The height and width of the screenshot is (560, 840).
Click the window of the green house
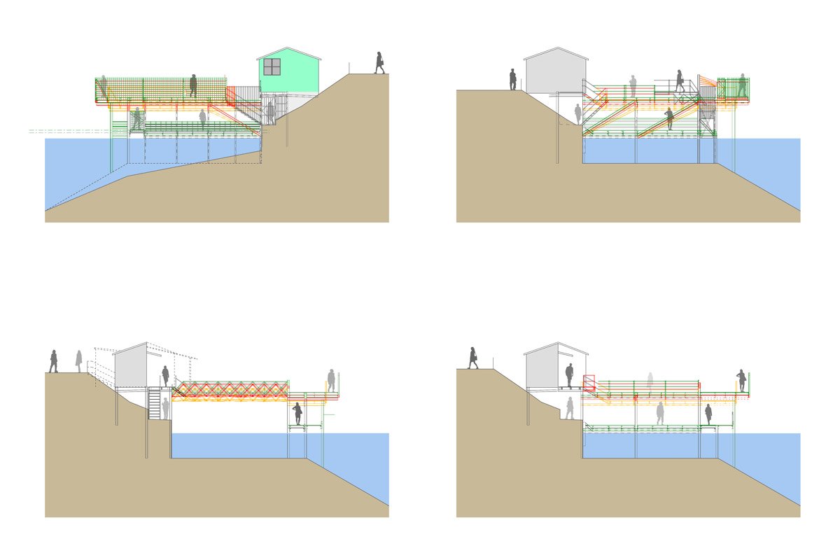[272, 66]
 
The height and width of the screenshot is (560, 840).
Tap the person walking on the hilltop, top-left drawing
[379, 62]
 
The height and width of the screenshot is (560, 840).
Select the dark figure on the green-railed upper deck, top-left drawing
[193, 85]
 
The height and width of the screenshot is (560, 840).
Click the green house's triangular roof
[288, 54]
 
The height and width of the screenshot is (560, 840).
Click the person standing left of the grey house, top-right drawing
[513, 79]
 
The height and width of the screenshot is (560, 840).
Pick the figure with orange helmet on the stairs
[668, 118]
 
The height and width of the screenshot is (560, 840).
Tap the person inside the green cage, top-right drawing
[742, 85]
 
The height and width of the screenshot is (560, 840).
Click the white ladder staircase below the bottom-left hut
[155, 403]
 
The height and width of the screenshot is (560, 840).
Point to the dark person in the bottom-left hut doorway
[166, 376]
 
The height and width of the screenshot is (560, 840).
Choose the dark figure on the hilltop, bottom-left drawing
[53, 361]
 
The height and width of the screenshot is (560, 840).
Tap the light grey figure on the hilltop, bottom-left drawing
[79, 360]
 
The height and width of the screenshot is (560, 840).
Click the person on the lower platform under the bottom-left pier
[298, 413]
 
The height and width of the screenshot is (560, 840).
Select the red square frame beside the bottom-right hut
[589, 382]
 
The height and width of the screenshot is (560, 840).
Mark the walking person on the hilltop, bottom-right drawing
[473, 357]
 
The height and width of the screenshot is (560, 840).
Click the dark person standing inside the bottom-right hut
[569, 376]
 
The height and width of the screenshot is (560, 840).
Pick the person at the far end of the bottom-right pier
[741, 380]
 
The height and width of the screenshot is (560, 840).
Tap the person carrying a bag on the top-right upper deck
[679, 80]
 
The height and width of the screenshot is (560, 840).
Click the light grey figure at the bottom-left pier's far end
[331, 380]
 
